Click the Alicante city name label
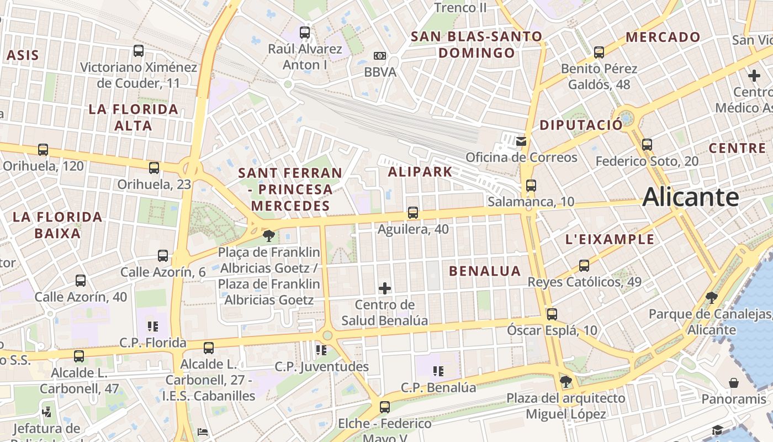coord(691,197)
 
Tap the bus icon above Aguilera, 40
coord(412,213)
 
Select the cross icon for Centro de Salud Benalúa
coord(385,288)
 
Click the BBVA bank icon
coord(380,56)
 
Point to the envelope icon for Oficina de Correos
coord(521,141)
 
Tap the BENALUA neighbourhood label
coord(485,271)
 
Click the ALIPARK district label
coord(420,172)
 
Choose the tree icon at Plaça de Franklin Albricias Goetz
coord(269,236)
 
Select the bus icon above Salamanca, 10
coord(531,186)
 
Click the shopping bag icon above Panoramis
coord(734,383)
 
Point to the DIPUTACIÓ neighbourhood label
coord(580,125)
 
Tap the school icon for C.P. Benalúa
coord(438,371)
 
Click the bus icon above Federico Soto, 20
coord(647,145)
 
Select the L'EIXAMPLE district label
coord(610,240)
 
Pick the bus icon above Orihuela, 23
coord(154,168)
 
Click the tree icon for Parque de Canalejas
coord(711,298)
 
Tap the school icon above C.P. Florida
coord(153,327)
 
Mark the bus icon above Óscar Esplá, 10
coord(552,314)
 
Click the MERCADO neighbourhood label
coord(663,38)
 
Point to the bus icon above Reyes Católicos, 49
coord(584,266)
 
